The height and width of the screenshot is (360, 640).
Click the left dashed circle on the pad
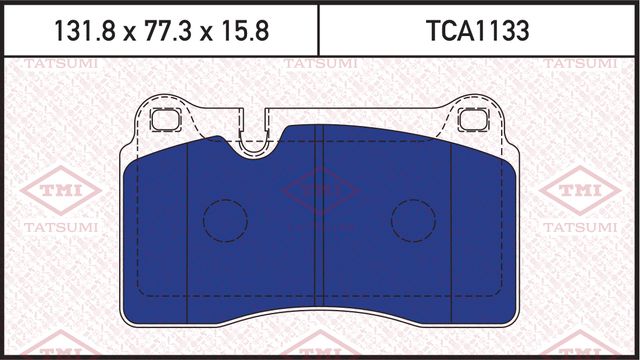tap(225, 219)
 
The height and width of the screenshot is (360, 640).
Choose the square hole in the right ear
tap(469, 120)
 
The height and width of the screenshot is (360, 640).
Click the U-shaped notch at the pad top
tap(256, 135)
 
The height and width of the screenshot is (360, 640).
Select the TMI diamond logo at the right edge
tap(579, 190)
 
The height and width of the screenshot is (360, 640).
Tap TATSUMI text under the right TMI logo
tap(579, 230)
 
